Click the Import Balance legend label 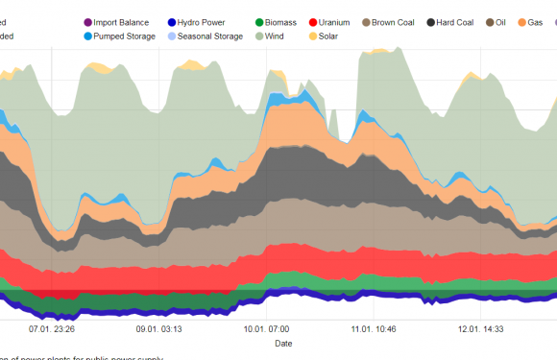point(121,21)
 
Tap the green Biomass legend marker point(260,21)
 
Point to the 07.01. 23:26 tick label point(52,328)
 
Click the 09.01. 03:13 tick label point(158,328)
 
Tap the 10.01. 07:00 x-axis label point(266,328)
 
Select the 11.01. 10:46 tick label point(374,328)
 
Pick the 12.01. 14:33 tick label point(480,328)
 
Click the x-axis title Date point(283,343)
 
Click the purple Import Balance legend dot point(86,21)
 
